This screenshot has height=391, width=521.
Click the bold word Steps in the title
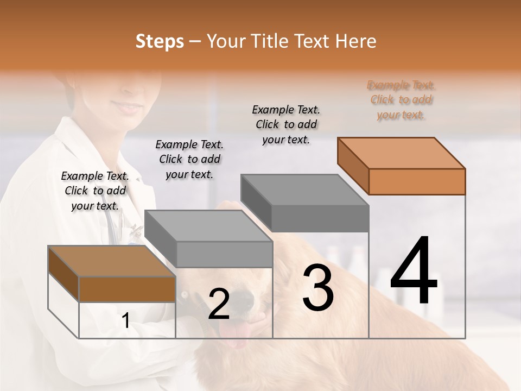(160, 41)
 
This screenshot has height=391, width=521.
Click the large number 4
(414, 272)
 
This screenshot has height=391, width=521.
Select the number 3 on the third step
(318, 288)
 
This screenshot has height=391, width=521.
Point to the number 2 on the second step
(219, 304)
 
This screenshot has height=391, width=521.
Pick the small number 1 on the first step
(126, 321)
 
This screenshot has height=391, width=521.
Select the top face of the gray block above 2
(208, 225)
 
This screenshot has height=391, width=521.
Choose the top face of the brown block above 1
(112, 261)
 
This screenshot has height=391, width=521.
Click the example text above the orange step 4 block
(401, 100)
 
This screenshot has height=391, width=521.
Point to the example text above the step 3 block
(286, 124)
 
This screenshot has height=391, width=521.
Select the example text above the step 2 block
(189, 159)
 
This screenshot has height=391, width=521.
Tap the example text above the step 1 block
(95, 191)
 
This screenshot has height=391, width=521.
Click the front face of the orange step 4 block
(417, 181)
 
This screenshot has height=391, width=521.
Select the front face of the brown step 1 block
(127, 289)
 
